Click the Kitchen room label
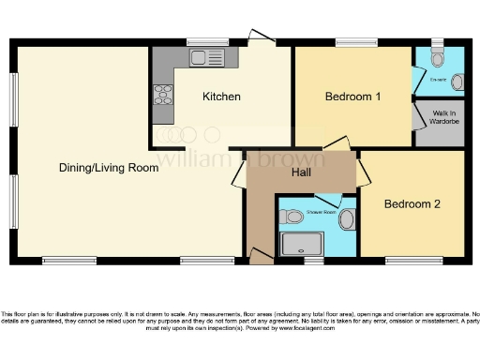pos(222,97)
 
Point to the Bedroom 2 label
pos(412,203)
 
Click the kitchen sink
pos(202,58)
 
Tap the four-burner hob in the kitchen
pos(163,95)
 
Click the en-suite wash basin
pos(457,82)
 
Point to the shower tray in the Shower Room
pos(302,244)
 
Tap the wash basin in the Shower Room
pos(347,221)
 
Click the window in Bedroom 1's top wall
pos(356,42)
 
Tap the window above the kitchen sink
pos(202,42)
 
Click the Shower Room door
pos(328,201)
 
